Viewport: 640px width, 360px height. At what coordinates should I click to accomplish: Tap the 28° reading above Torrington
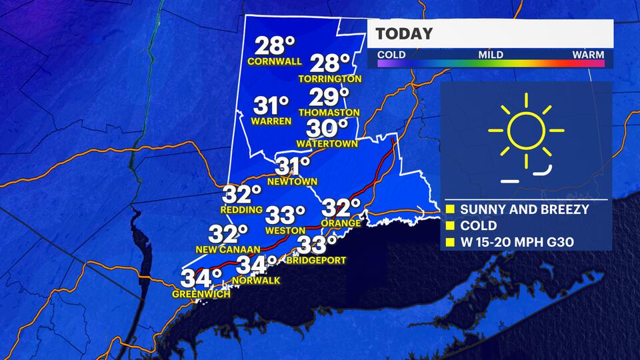(x=330, y=64)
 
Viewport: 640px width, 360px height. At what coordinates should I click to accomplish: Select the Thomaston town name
(x=329, y=113)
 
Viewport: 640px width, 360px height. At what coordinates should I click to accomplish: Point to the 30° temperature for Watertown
(x=327, y=127)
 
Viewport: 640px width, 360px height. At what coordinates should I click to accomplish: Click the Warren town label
(x=271, y=121)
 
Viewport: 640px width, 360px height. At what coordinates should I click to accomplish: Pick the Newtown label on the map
(x=292, y=181)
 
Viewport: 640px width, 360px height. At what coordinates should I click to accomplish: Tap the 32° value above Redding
(x=241, y=195)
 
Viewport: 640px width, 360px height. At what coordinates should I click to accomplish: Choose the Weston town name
(x=285, y=230)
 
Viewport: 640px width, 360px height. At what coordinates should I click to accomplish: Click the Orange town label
(x=341, y=223)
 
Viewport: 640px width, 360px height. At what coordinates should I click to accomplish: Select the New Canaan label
(x=228, y=249)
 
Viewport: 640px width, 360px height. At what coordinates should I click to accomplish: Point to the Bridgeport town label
(x=317, y=260)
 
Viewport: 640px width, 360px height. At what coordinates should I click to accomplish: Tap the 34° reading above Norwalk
(x=257, y=265)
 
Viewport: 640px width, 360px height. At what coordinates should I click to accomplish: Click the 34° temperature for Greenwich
(x=202, y=277)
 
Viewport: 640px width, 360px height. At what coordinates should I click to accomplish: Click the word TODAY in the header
(x=404, y=33)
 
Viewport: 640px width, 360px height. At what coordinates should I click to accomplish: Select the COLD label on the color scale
(x=391, y=55)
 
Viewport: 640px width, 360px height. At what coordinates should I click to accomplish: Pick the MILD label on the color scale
(x=490, y=55)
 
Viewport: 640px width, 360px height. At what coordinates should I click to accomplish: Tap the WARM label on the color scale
(x=588, y=55)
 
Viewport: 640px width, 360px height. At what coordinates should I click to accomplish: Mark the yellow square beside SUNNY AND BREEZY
(x=449, y=210)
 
